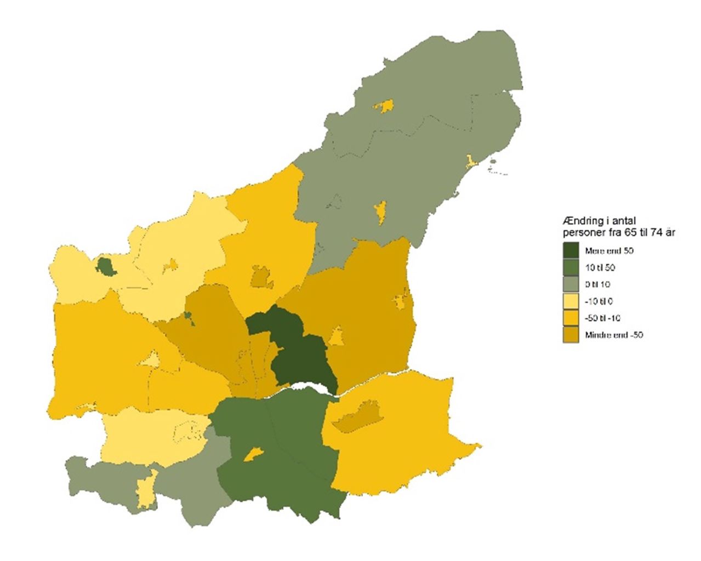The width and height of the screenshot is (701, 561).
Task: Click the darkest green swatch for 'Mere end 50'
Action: click(x=571, y=251)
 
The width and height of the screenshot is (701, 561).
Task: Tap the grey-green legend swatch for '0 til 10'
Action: click(x=571, y=284)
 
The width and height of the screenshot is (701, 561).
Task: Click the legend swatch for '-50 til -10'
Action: click(x=571, y=318)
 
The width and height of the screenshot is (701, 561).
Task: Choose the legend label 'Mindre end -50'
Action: click(x=613, y=335)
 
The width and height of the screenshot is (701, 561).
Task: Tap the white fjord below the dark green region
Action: click(x=307, y=389)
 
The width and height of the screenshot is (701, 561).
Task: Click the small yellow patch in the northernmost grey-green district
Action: click(x=384, y=106)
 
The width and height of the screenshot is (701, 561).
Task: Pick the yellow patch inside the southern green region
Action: click(x=253, y=454)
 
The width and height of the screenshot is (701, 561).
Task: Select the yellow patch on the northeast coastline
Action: click(x=470, y=161)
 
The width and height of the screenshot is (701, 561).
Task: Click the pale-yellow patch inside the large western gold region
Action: click(x=150, y=359)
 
